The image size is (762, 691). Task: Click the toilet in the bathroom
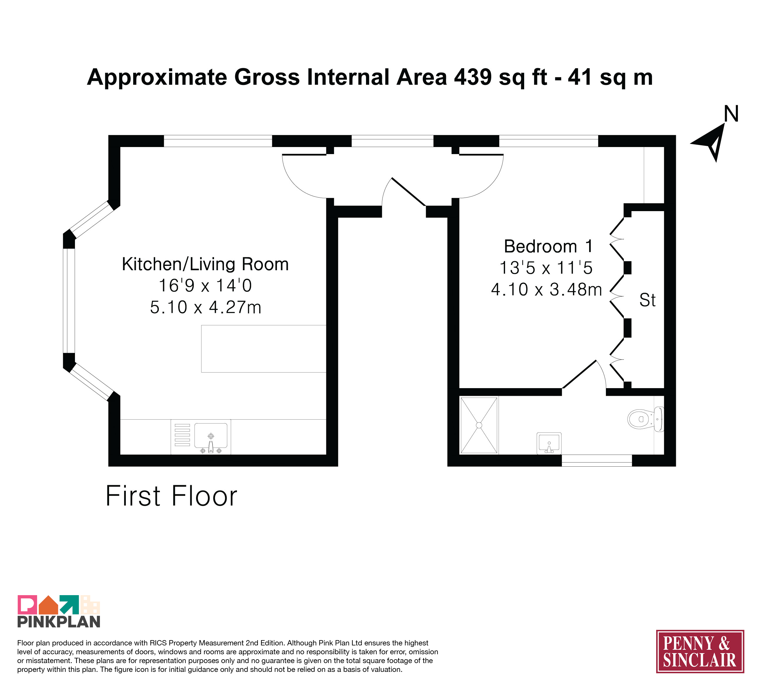(x=646, y=419)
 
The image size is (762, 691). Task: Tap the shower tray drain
(x=479, y=425)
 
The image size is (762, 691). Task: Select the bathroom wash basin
(x=549, y=443)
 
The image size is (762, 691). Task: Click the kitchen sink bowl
(x=210, y=435)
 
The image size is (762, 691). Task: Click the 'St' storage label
(x=647, y=300)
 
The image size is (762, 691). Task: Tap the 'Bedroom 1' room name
(x=548, y=246)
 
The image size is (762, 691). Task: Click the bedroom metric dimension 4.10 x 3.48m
(x=546, y=290)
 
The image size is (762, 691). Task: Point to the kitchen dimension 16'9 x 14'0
(x=205, y=286)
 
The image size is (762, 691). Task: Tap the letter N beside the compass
(x=731, y=114)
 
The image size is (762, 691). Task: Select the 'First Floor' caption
(x=171, y=496)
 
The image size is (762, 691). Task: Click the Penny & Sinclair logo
(x=700, y=651)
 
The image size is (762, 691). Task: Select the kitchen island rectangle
(x=263, y=348)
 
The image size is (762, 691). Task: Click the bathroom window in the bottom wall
(x=597, y=460)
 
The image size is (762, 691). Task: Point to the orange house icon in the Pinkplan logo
(x=49, y=605)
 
